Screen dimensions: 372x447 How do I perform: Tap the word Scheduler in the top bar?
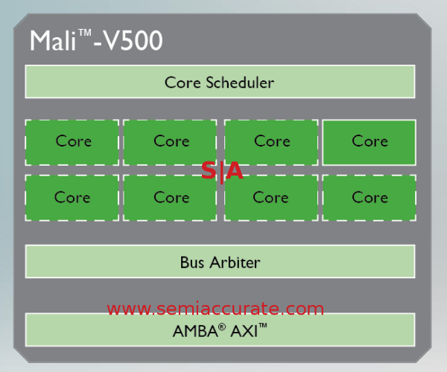tap(239, 83)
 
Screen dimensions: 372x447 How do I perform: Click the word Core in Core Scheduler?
tap(183, 83)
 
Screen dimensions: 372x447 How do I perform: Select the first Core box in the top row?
tap(72, 141)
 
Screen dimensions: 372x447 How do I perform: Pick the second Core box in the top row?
tap(171, 141)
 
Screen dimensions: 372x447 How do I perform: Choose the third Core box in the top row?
tap(271, 141)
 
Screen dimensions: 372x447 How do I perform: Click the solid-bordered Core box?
tap(369, 141)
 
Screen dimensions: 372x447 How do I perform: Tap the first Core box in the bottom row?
tap(72, 198)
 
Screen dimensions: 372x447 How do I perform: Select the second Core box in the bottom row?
tap(171, 198)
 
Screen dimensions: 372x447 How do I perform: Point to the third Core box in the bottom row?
tap(271, 198)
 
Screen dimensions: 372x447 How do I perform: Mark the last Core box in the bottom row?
tap(369, 198)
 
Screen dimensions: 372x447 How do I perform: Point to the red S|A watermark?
tap(222, 171)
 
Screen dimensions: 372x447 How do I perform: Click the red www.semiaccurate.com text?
tap(215, 309)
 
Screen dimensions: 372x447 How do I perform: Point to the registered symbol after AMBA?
tap(221, 327)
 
